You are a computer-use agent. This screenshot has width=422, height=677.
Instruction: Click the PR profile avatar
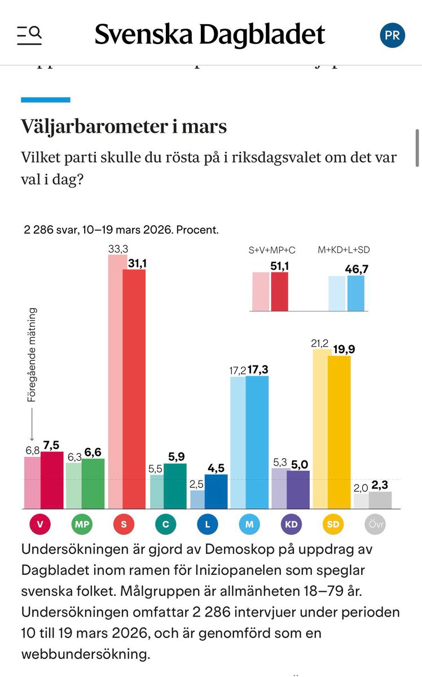point(392,35)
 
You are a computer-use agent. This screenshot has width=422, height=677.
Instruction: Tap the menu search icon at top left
point(29,35)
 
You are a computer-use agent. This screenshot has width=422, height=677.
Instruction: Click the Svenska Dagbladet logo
point(209,35)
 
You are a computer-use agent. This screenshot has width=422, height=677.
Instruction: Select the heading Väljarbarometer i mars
point(124,126)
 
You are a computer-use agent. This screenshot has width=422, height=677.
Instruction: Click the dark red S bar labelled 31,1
point(134,389)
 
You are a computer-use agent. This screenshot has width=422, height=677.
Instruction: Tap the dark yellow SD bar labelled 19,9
point(339,432)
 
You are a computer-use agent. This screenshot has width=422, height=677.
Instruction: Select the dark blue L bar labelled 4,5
point(216,491)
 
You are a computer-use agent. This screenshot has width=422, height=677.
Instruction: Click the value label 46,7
point(356,269)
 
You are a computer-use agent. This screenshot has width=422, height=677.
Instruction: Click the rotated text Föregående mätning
point(32,354)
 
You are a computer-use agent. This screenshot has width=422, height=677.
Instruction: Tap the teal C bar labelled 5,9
point(175,486)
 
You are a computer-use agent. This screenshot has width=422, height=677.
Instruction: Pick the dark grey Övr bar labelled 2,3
point(380,500)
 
